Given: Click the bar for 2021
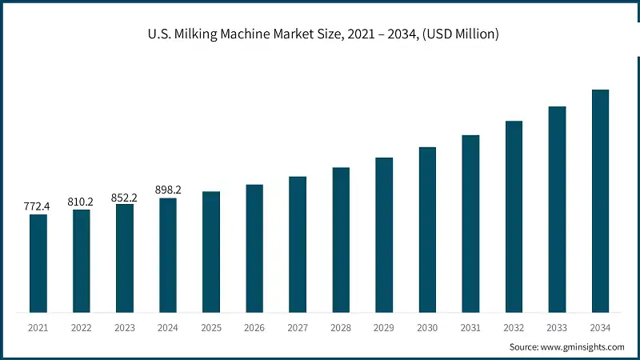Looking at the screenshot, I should (x=38, y=263).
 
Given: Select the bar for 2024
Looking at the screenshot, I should (x=168, y=255).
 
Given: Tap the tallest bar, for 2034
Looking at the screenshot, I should (x=600, y=201).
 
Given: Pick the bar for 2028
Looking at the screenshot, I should (x=341, y=240).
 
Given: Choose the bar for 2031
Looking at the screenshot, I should (x=470, y=223).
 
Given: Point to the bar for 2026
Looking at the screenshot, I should (x=254, y=248).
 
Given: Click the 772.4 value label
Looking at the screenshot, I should (x=37, y=206).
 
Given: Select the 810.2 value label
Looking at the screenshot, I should (x=80, y=202).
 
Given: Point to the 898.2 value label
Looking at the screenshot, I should (x=167, y=190).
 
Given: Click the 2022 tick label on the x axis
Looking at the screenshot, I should (x=82, y=327).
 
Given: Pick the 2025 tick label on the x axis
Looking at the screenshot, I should (x=211, y=327).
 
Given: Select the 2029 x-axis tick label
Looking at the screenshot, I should (x=384, y=327).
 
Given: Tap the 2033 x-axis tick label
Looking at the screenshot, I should (x=557, y=327).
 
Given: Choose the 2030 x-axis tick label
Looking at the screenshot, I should (x=427, y=327).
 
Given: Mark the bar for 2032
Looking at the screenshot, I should (x=514, y=217).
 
